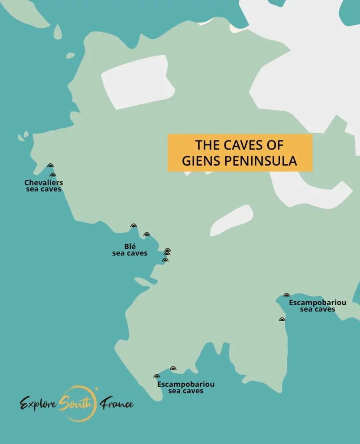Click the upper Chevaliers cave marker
point(50,166)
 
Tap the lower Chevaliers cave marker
point(53,175)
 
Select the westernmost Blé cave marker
point(133,226)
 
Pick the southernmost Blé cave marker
point(165,260)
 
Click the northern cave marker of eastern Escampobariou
point(286,295)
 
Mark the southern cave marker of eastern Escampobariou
point(282,320)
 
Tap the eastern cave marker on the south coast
point(173,369)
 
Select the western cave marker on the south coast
point(157,376)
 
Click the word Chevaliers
point(43,183)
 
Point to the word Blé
point(130,246)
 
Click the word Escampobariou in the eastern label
point(318,303)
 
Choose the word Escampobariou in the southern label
point(185,384)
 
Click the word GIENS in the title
point(201,161)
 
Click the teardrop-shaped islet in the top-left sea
point(57,33)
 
